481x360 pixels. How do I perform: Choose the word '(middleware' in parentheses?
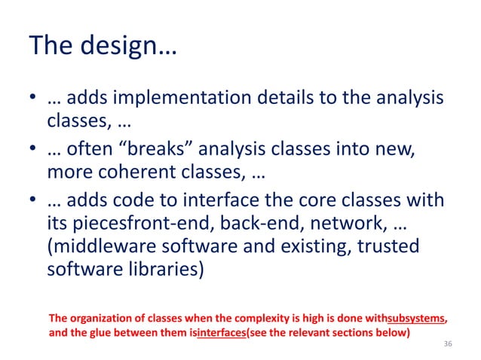[99, 247]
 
